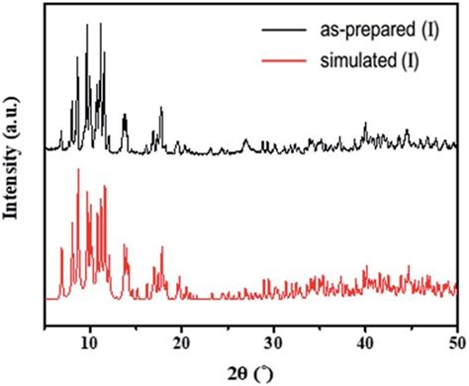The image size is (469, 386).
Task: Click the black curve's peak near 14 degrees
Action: point(125,116)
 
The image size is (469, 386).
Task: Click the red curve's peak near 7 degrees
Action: point(61,248)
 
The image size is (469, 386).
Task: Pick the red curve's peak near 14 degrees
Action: point(124,244)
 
